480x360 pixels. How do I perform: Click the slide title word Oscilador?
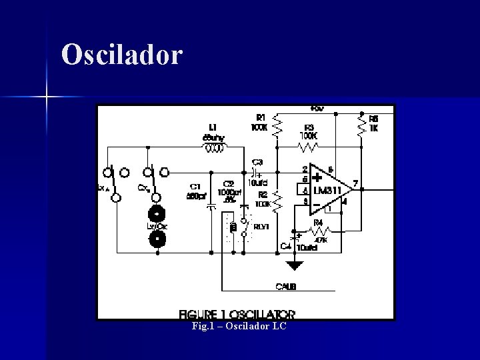pyautogui.click(x=121, y=55)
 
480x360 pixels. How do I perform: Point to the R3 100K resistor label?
pyautogui.click(x=309, y=127)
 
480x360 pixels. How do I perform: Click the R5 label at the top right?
pyautogui.click(x=373, y=118)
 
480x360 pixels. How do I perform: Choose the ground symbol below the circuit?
pyautogui.click(x=294, y=265)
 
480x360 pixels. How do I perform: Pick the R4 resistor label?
pyautogui.click(x=318, y=222)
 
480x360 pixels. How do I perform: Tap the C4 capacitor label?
pyautogui.click(x=285, y=247)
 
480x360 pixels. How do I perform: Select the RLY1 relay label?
pyautogui.click(x=261, y=227)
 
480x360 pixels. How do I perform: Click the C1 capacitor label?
pyautogui.click(x=195, y=186)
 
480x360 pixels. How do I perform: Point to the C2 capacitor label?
pyautogui.click(x=229, y=183)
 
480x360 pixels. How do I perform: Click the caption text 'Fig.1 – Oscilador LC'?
pyautogui.click(x=239, y=327)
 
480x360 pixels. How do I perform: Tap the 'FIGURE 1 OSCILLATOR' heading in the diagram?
pyautogui.click(x=237, y=313)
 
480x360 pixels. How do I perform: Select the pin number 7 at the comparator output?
pyautogui.click(x=355, y=183)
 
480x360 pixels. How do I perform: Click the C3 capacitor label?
pyautogui.click(x=257, y=162)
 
